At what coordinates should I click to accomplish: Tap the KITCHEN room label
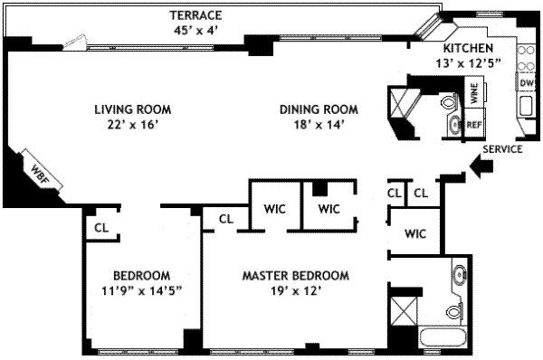pyautogui.click(x=467, y=48)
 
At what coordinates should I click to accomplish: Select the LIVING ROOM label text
pyautogui.click(x=133, y=110)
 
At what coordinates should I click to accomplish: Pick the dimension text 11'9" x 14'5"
pyautogui.click(x=141, y=291)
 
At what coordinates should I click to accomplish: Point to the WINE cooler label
pyautogui.click(x=472, y=93)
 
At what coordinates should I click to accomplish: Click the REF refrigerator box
pyautogui.click(x=474, y=124)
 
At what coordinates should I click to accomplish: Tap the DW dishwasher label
pyautogui.click(x=526, y=83)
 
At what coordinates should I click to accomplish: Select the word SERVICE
pyautogui.click(x=502, y=149)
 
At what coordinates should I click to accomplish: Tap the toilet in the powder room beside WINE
pyautogui.click(x=450, y=104)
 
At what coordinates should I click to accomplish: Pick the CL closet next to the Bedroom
pyautogui.click(x=100, y=228)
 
